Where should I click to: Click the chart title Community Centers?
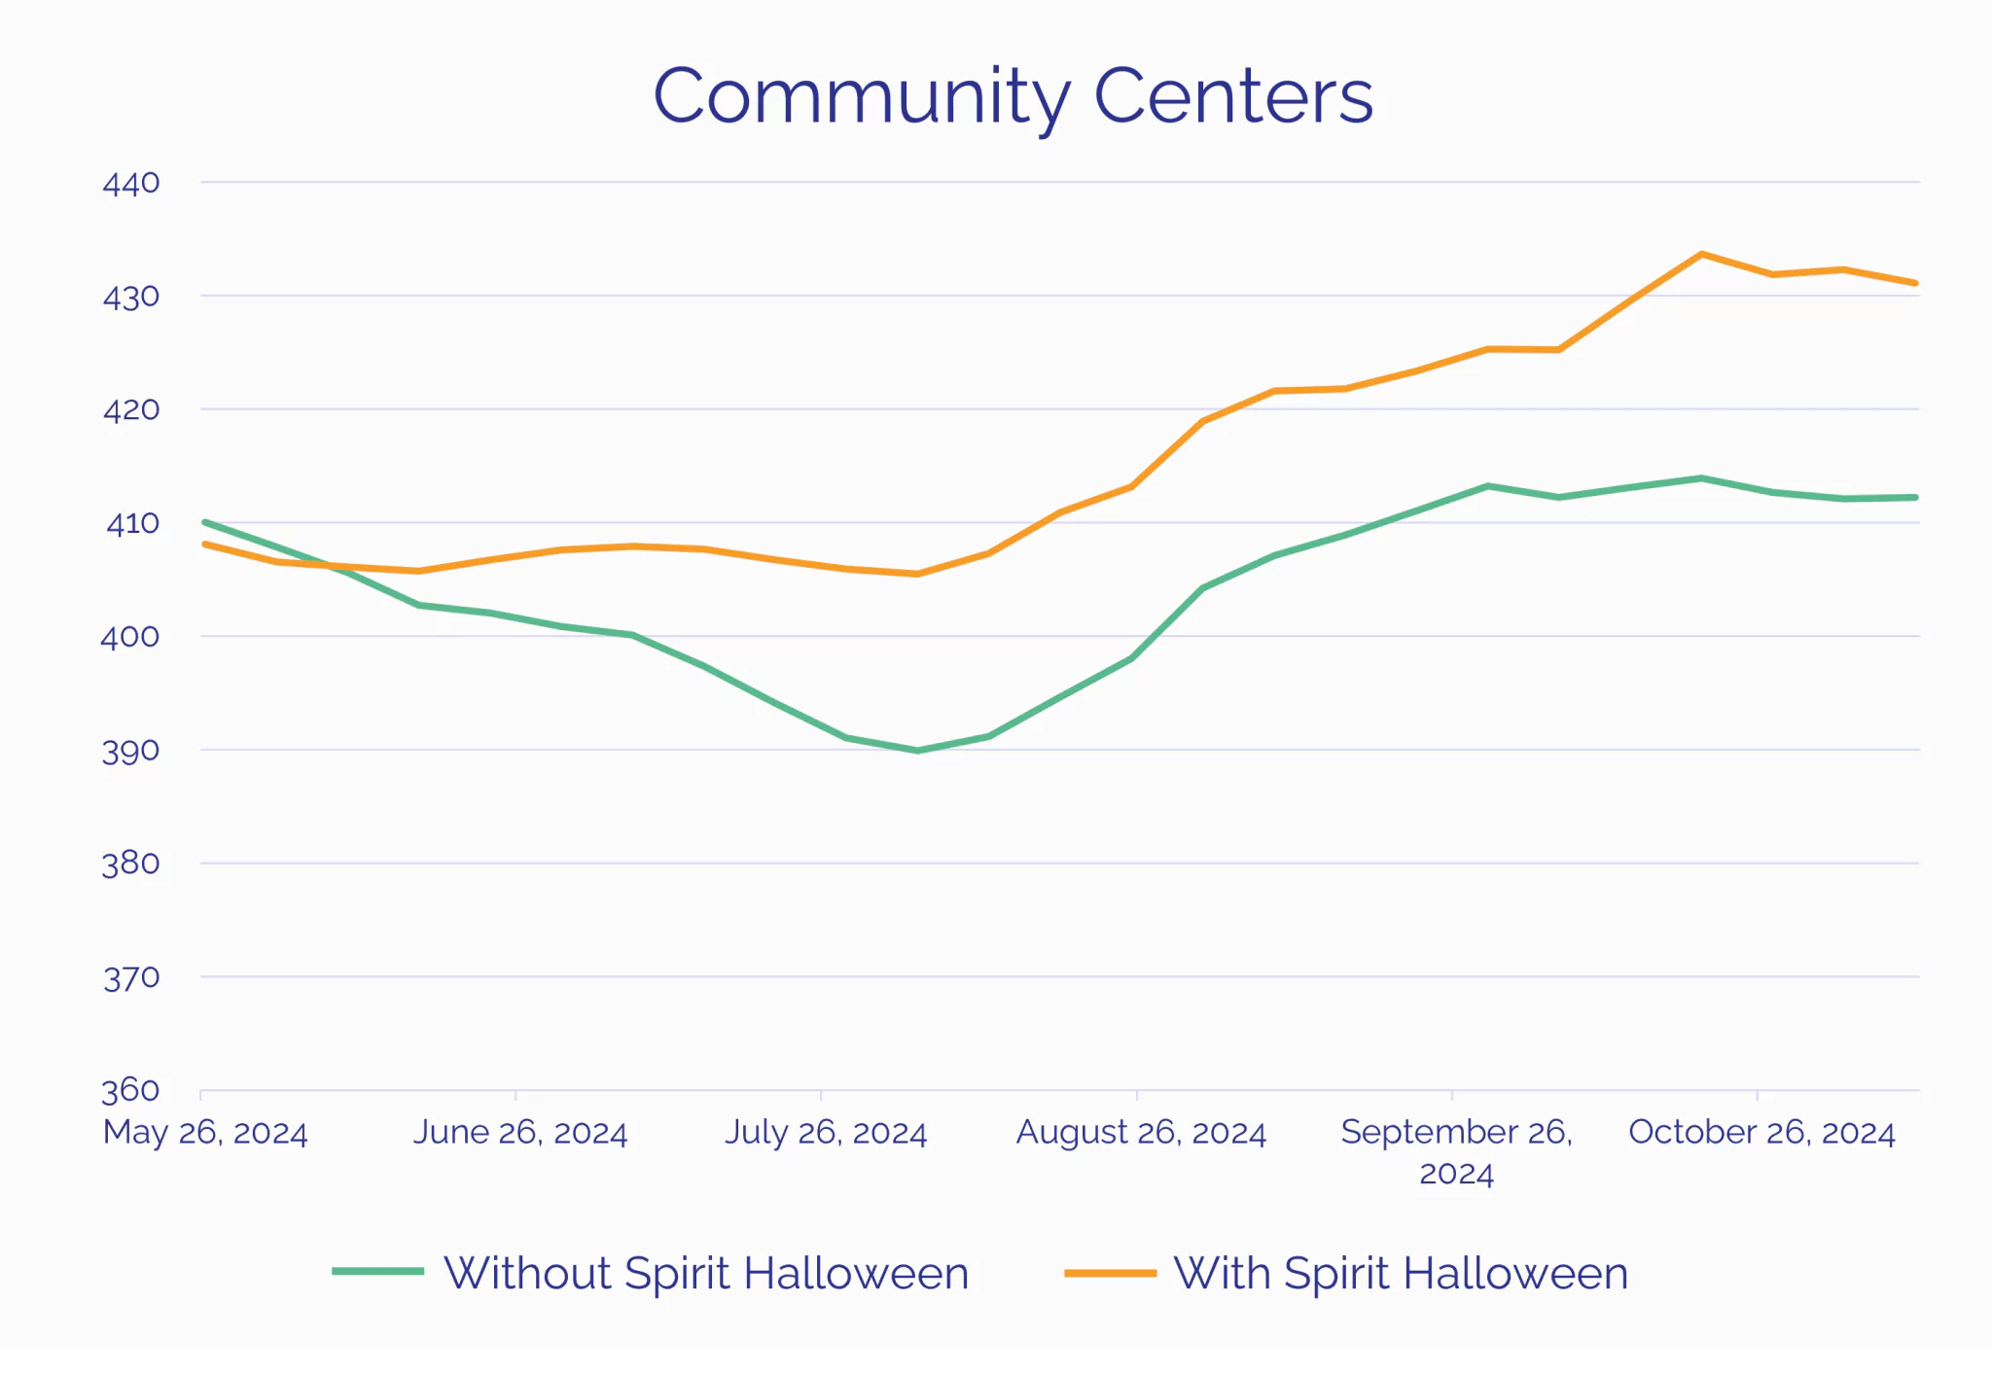click(x=1013, y=96)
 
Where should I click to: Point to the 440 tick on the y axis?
click(x=131, y=183)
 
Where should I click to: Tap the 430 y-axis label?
click(x=131, y=297)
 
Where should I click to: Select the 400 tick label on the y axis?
click(x=130, y=637)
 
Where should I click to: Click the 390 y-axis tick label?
click(x=130, y=751)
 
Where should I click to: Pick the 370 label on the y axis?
click(x=131, y=977)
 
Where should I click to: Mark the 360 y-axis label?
click(x=130, y=1090)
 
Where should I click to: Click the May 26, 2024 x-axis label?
click(x=205, y=1133)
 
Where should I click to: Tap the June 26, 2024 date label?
click(x=520, y=1133)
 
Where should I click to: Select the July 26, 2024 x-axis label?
click(x=826, y=1133)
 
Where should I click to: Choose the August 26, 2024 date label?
click(x=1141, y=1133)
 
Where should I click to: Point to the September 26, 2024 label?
click(x=1456, y=1151)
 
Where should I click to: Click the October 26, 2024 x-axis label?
click(x=1761, y=1133)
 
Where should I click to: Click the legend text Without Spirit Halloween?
click(x=706, y=1273)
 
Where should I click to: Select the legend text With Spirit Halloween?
click(x=1401, y=1273)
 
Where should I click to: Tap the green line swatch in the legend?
click(x=377, y=1271)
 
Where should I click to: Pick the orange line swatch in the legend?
click(x=1110, y=1272)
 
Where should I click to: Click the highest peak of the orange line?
click(x=1701, y=255)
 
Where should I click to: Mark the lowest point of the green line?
click(x=917, y=751)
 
